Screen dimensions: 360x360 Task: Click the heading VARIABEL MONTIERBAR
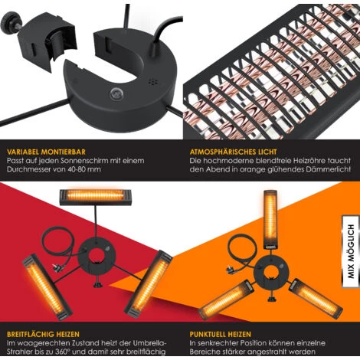46,152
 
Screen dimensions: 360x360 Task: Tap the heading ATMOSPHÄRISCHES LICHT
233,152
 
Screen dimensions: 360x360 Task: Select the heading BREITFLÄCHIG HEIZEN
43,334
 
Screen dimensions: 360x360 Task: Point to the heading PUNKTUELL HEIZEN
221,334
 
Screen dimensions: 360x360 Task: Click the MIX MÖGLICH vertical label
351,251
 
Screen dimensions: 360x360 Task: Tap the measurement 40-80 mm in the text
84,169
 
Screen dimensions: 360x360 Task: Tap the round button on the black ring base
116,94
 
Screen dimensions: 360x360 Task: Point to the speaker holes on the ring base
152,81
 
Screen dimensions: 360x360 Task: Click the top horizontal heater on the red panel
96,197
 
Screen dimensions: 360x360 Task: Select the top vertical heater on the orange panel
270,219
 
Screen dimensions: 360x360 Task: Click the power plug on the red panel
55,268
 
